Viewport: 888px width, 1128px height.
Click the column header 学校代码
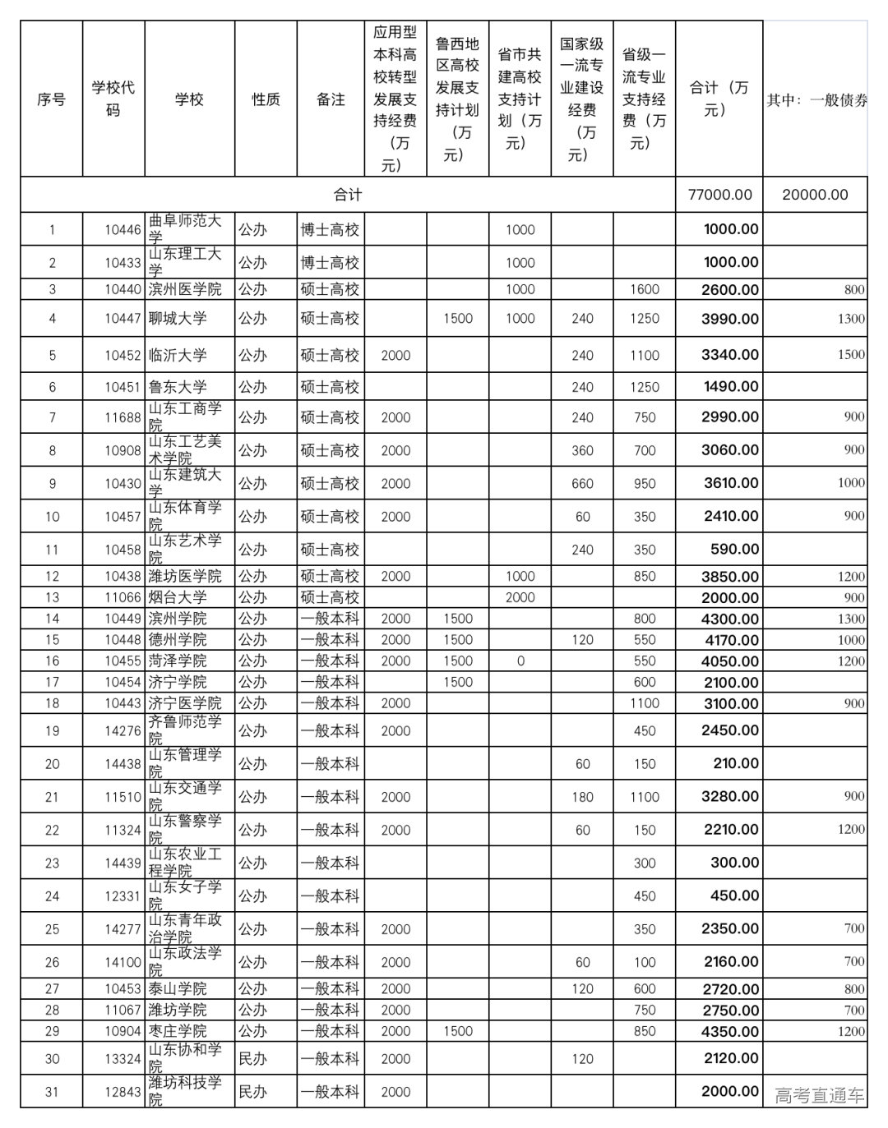(113, 99)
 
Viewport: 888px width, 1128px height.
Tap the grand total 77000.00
(719, 195)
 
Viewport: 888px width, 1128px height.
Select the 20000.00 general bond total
(815, 195)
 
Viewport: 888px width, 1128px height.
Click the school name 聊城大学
(178, 318)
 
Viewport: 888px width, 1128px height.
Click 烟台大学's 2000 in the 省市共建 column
(520, 597)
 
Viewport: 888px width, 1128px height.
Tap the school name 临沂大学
(178, 355)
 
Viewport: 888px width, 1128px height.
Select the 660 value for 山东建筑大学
(582, 483)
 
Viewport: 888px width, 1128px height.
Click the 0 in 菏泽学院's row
(520, 661)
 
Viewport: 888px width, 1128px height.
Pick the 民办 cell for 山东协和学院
(252, 1059)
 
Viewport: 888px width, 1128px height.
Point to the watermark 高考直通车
(819, 1095)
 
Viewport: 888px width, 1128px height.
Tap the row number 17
(52, 682)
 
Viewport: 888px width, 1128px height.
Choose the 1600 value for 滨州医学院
(645, 289)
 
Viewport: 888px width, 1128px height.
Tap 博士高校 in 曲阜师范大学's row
(330, 230)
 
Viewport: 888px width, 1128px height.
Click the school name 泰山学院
(178, 988)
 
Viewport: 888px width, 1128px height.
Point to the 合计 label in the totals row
(347, 195)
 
